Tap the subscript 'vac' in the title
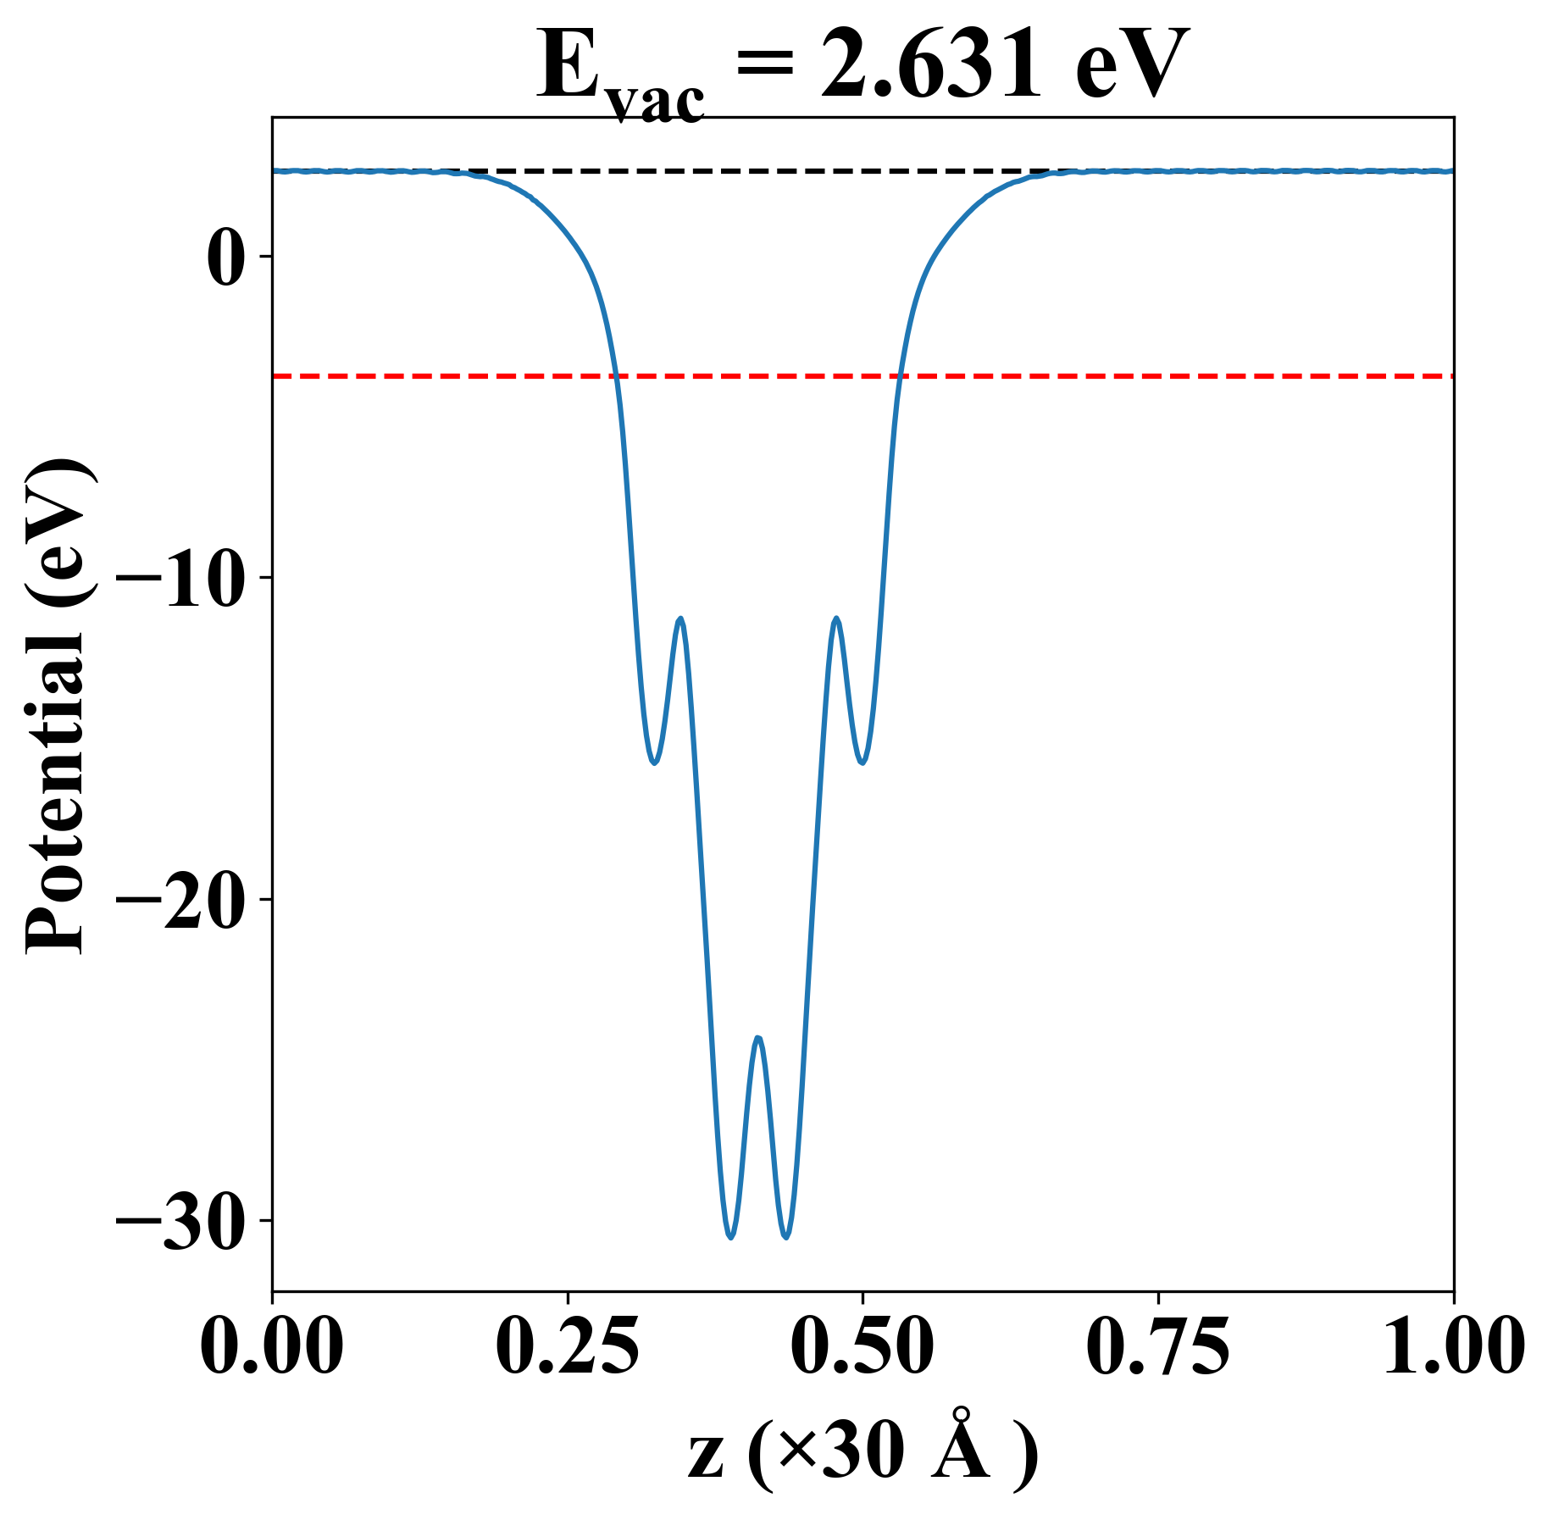point(656,103)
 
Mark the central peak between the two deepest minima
point(758,1038)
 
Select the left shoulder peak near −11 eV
point(679,619)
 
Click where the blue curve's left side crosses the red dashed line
point(618,375)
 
